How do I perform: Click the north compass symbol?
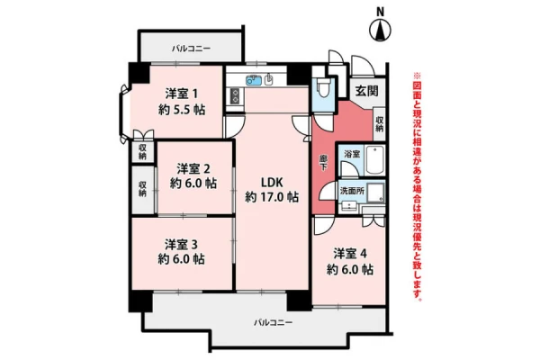380,31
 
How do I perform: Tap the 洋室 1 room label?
182,94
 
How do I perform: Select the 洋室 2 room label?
193,169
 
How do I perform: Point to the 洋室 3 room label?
181,244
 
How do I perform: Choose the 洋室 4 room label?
350,254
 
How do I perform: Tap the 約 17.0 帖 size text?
272,197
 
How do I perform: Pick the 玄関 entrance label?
367,91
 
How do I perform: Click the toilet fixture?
323,87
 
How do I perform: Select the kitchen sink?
254,80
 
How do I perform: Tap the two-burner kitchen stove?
235,96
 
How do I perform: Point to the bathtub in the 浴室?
374,160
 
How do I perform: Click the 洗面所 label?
352,191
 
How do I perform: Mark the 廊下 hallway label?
323,163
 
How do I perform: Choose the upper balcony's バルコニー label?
191,49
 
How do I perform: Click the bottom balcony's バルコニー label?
274,323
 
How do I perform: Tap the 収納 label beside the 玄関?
379,124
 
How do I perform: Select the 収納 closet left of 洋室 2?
142,190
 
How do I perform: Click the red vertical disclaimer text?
417,186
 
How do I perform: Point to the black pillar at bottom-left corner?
140,301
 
